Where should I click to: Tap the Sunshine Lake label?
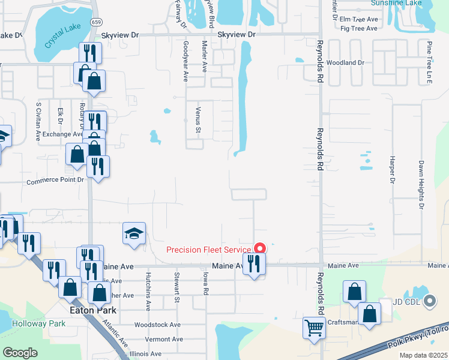[396, 3]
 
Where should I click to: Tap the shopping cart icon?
[314, 328]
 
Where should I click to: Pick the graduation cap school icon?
[134, 234]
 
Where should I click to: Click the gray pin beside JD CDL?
[429, 301]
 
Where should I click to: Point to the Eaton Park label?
[93, 310]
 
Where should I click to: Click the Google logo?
[20, 353]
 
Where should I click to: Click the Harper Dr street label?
[391, 170]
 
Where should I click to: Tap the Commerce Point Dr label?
[55, 181]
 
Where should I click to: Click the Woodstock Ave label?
[158, 325]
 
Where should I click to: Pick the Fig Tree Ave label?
[358, 28]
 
